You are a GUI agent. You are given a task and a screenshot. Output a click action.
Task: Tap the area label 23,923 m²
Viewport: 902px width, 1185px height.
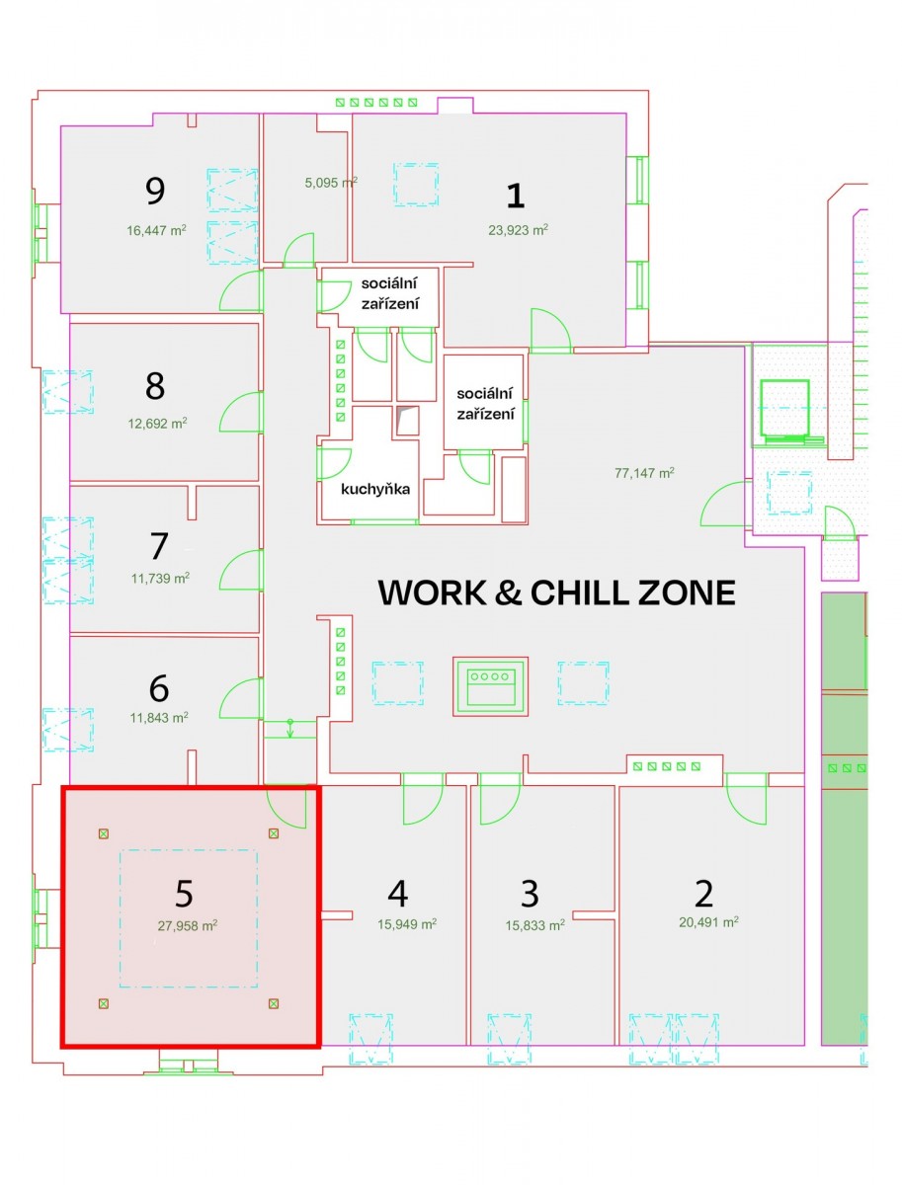click(518, 230)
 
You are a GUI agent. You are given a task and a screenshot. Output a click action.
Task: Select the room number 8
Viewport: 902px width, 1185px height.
click(155, 385)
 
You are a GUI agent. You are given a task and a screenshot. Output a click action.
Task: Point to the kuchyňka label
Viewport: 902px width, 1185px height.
click(375, 489)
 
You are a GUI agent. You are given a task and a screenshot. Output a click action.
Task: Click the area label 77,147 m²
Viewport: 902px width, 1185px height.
click(644, 473)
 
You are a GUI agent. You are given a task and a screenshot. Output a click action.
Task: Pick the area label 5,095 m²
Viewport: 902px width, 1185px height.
click(331, 183)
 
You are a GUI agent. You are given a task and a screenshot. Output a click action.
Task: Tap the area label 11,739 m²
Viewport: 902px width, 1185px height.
click(160, 579)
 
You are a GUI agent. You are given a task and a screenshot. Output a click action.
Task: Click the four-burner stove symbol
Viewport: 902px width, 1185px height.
click(490, 686)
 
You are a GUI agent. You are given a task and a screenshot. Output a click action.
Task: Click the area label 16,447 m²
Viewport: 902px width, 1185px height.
click(156, 230)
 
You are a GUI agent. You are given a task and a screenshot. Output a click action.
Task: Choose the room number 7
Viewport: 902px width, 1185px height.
click(159, 546)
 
